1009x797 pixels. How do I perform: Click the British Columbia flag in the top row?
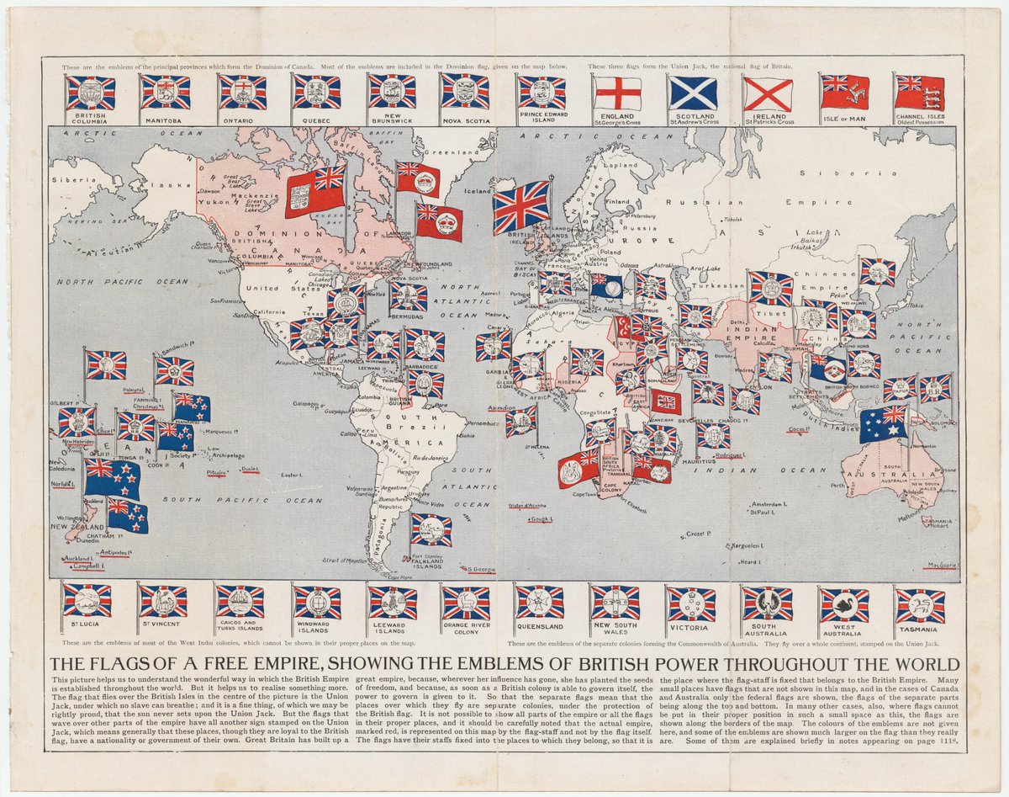(91, 93)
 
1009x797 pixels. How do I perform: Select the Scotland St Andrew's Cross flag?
(693, 93)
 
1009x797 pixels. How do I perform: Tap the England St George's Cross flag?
(617, 93)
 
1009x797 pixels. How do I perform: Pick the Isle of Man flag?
(844, 93)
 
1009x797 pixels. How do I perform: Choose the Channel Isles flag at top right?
(919, 93)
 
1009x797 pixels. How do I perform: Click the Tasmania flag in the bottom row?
(920, 605)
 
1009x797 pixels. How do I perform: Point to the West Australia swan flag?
(844, 605)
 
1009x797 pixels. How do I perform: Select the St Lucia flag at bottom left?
(87, 601)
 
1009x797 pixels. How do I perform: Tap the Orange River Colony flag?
(466, 603)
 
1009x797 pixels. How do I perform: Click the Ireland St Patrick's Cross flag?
(769, 93)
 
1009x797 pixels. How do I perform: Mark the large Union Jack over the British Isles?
(521, 207)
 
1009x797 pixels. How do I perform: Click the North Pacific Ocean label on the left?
(119, 282)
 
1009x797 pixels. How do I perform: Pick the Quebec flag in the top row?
(317, 92)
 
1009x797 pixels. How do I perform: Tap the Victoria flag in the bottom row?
(691, 604)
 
